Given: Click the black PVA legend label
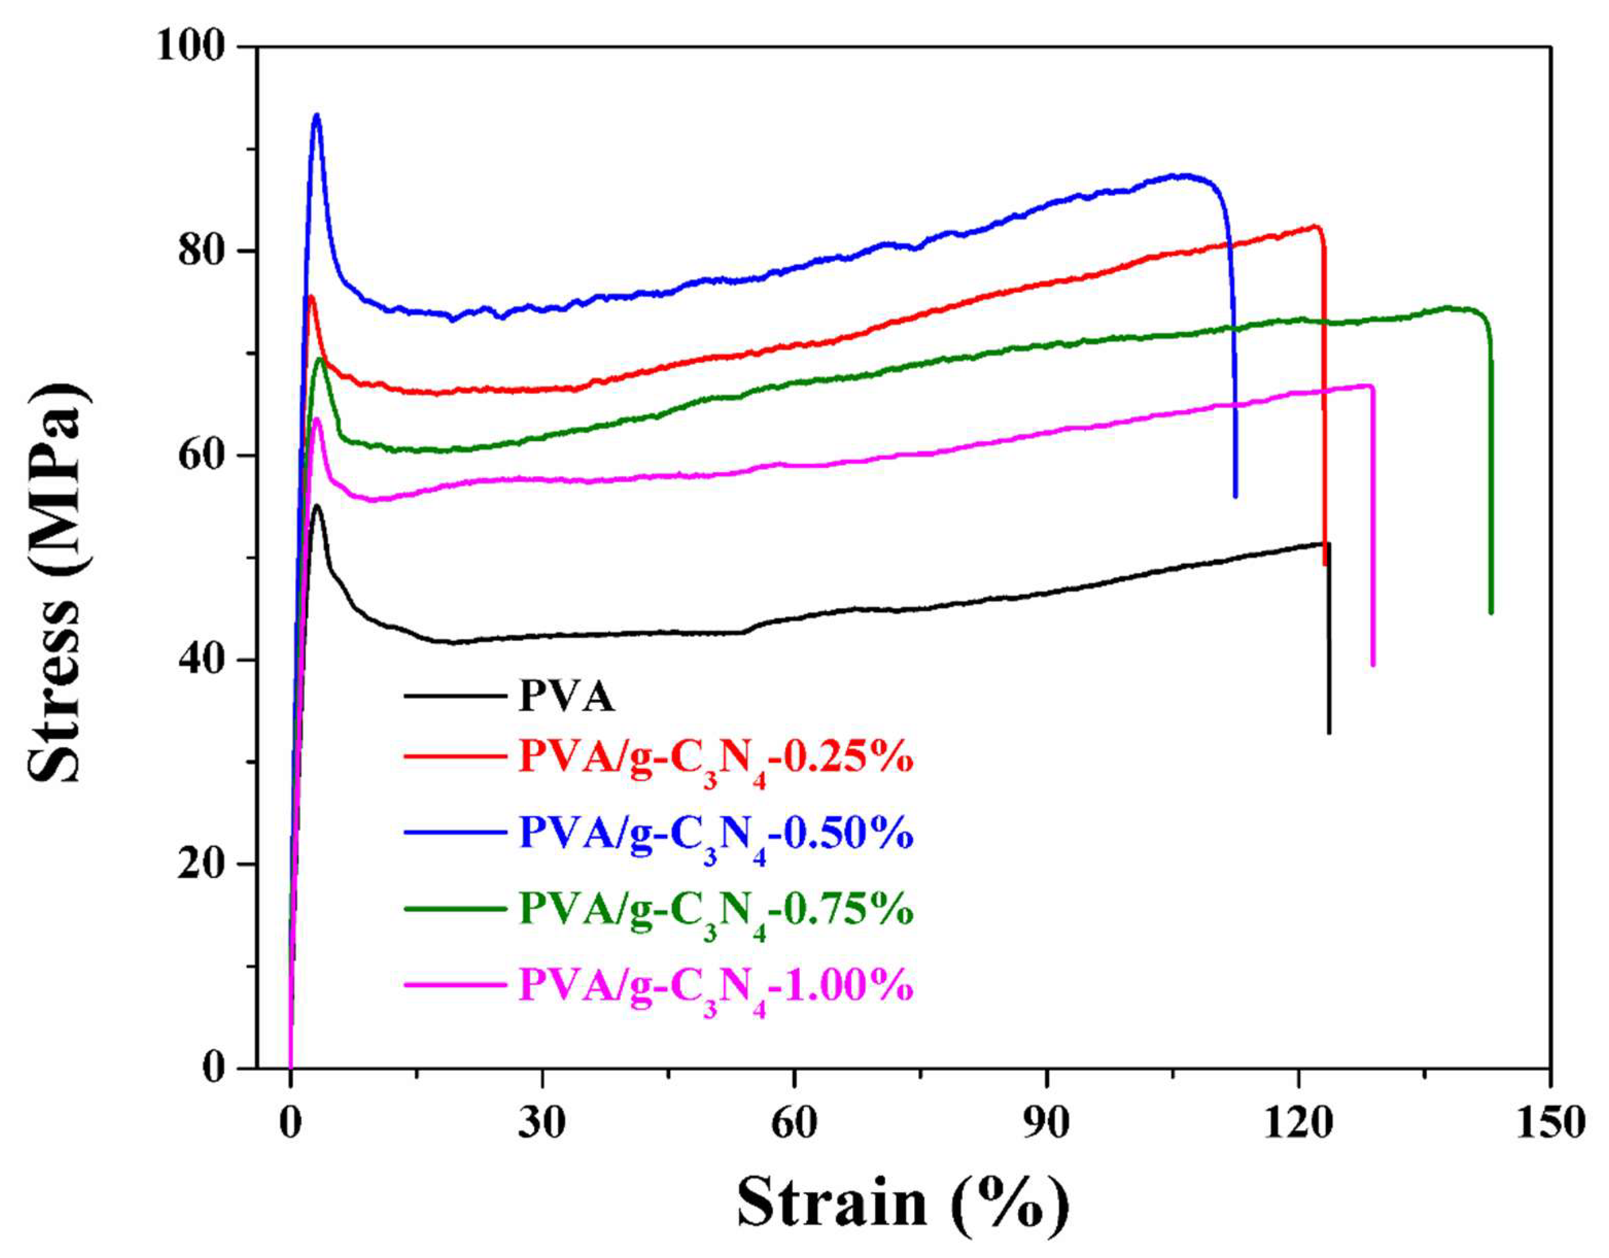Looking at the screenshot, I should click(566, 696).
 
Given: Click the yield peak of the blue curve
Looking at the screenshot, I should click(317, 115).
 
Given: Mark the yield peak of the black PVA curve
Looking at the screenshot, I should click(318, 506).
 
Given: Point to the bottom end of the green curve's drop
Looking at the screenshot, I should click(1491, 612).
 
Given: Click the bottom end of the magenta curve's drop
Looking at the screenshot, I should click(1373, 665).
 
